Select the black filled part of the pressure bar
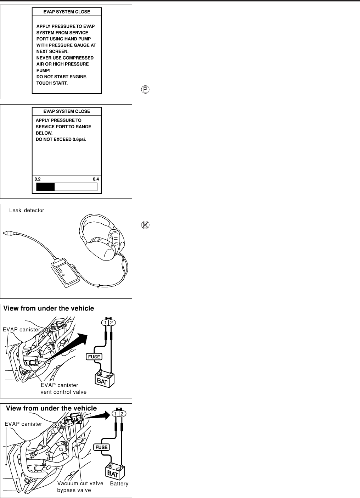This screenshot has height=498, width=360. pos(46,187)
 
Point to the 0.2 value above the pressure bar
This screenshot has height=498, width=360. pos(37,179)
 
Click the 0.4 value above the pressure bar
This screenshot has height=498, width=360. pos(96,179)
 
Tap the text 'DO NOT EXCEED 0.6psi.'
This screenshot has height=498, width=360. pos(61,140)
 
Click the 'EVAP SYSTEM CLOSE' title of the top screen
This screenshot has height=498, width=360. pos(67,12)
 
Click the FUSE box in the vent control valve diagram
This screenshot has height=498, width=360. pos(94,357)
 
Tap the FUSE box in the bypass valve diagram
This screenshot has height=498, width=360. pos(101,447)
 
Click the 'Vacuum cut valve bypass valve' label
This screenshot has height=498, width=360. pos(80,487)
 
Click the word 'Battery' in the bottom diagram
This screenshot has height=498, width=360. pos(119,483)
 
